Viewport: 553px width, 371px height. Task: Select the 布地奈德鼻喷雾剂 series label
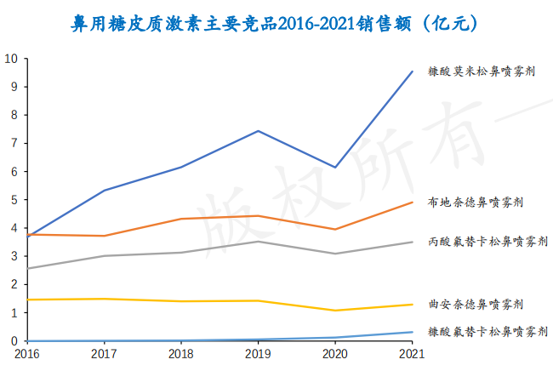475,203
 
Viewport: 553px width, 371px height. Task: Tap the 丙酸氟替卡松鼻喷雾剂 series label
481,243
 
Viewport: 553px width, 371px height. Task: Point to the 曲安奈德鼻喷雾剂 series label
475,304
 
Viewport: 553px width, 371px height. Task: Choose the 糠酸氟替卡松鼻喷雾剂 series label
481,332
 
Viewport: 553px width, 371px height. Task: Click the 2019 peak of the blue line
258,131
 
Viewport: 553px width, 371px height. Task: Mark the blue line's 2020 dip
335,168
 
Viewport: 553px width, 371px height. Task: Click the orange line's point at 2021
413,203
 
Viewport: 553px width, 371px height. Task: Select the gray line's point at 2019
258,242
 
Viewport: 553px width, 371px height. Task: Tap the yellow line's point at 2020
335,311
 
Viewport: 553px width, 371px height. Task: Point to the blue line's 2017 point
104,191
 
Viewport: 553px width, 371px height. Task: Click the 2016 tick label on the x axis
26,353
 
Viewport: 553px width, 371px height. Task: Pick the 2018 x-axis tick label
180,353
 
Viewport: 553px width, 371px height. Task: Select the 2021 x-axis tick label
413,353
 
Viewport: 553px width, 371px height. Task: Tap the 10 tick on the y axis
11,59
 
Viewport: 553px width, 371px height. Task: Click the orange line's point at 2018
180,219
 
